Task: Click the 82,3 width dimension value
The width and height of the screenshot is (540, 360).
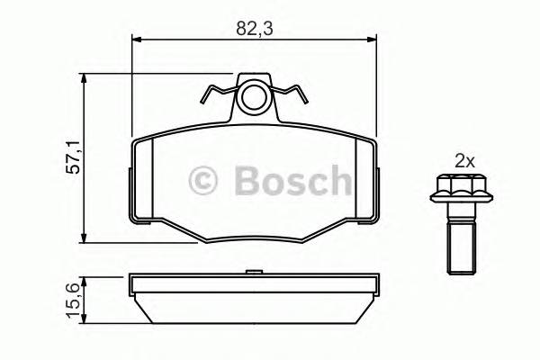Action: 254,28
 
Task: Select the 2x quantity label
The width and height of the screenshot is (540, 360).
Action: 463,162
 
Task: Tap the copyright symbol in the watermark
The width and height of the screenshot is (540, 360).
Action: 203,180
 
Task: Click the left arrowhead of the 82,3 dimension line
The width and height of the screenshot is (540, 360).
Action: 138,39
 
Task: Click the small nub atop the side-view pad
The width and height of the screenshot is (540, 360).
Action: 253,270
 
